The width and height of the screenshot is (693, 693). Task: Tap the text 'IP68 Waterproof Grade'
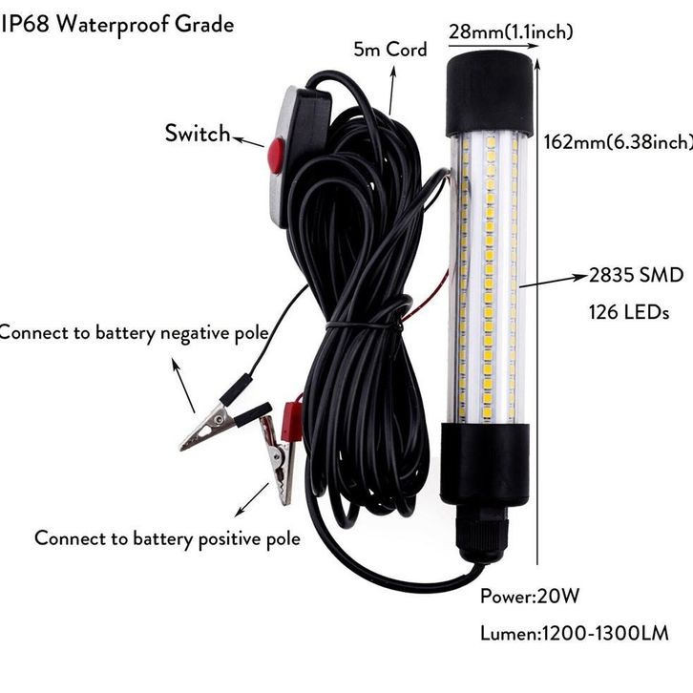(117, 24)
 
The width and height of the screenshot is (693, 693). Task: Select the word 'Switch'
(198, 133)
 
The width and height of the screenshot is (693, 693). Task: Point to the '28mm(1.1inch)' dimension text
(512, 32)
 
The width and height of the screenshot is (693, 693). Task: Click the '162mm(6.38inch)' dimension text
(617, 142)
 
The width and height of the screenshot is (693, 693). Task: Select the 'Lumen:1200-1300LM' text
(574, 632)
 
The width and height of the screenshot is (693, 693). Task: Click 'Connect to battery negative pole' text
(133, 332)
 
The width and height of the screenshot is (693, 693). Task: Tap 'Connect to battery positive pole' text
(167, 538)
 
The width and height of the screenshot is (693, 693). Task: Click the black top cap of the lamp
(488, 93)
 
